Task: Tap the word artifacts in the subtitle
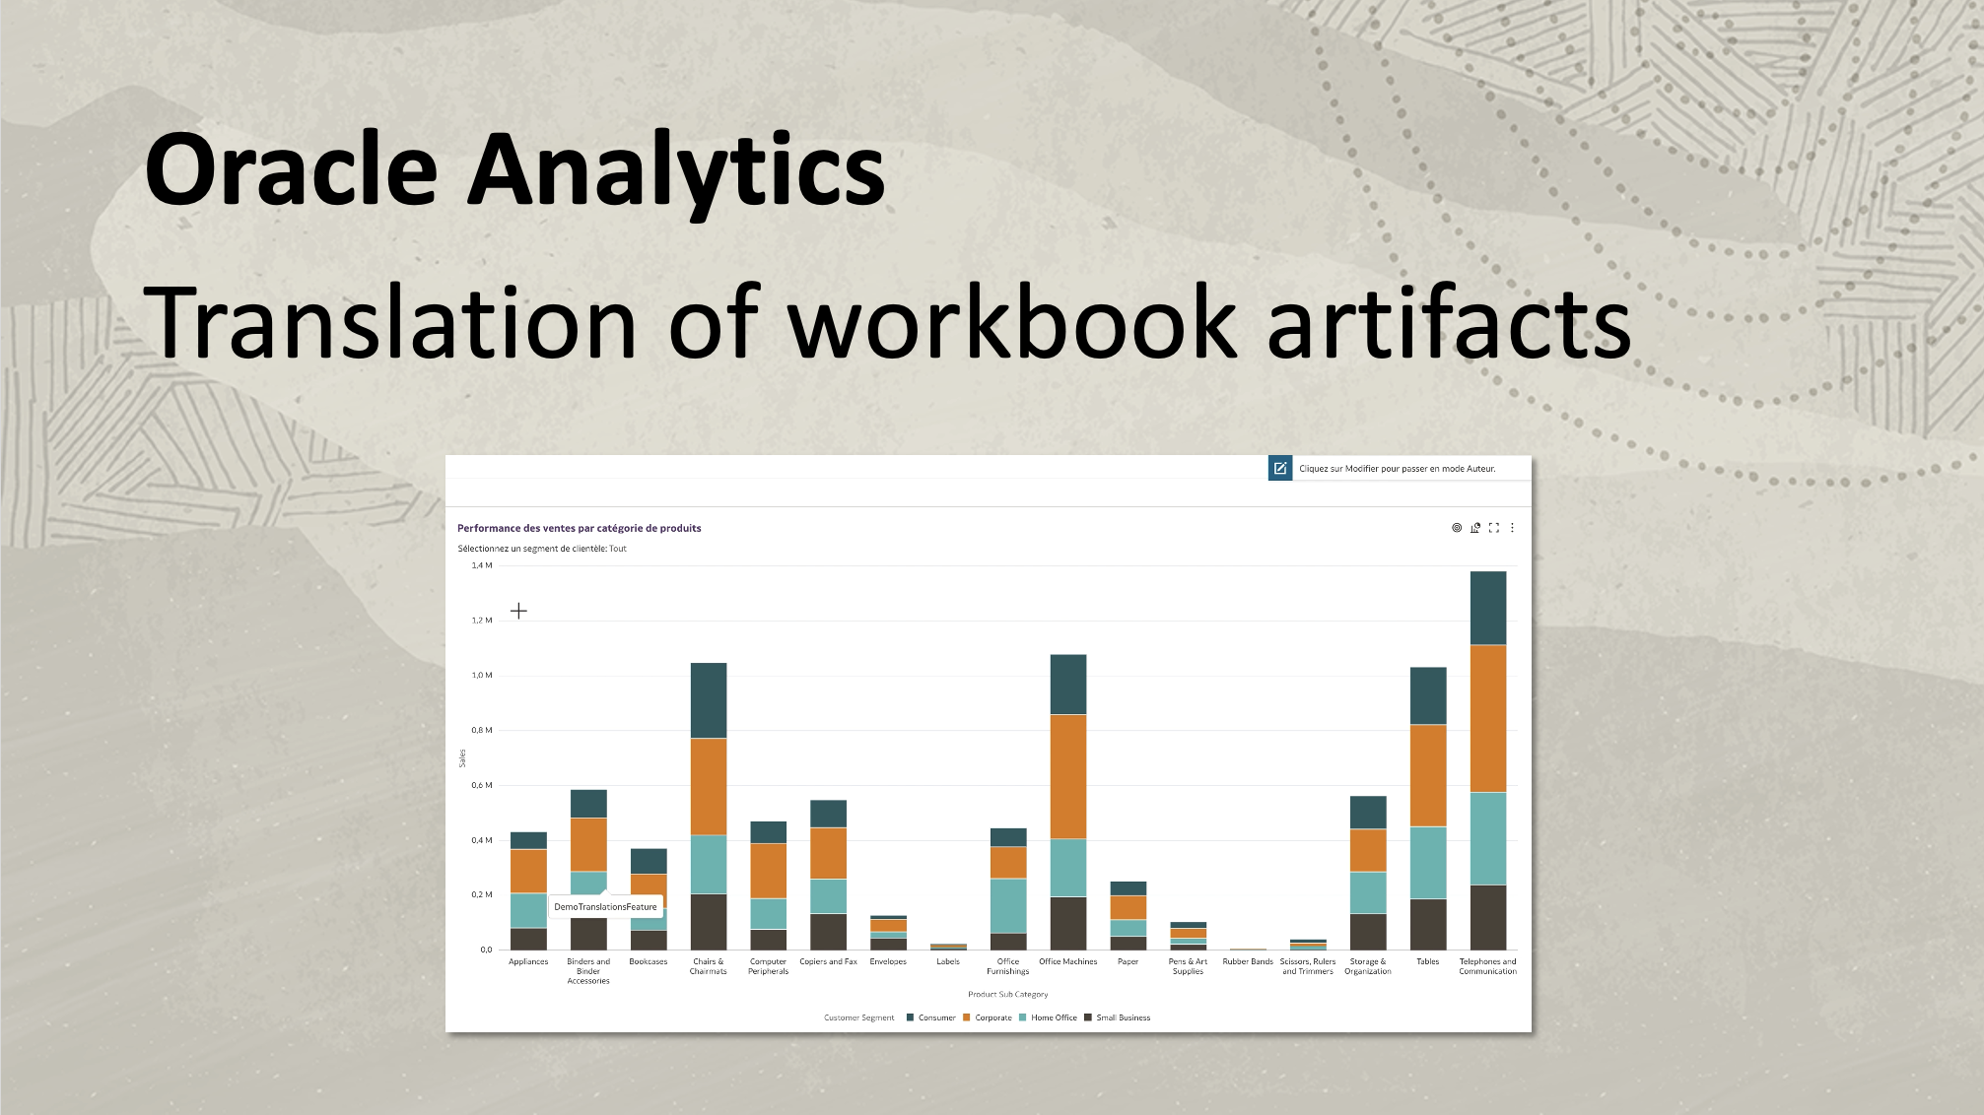[1449, 323]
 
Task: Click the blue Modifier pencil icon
[1279, 469]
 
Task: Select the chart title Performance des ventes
[579, 528]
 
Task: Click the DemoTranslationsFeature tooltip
[605, 907]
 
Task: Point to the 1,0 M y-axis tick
[482, 676]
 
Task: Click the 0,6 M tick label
[482, 785]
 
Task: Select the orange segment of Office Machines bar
[1068, 776]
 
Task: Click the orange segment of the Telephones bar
[1487, 718]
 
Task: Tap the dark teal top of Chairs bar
[709, 700]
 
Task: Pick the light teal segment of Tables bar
[1428, 862]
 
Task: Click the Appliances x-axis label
[528, 961]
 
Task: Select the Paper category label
[1129, 961]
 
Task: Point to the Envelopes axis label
[888, 961]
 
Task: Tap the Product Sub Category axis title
[1007, 995]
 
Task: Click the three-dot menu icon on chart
[1512, 528]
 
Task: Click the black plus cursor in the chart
[518, 611]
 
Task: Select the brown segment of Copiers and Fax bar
[829, 932]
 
